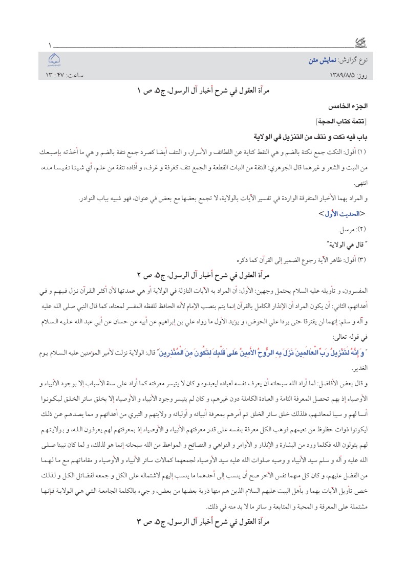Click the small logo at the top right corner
click(x=361, y=44)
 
